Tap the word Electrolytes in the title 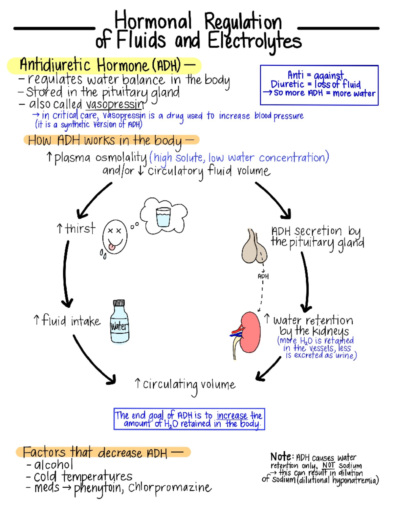[x=254, y=41]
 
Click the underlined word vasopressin [x=115, y=104]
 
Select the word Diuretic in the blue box [x=287, y=84]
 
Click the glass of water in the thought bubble [x=163, y=217]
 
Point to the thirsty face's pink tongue [x=112, y=246]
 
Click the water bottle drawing [x=120, y=323]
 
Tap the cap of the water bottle [x=119, y=303]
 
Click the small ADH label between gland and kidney [x=263, y=277]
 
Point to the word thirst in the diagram [x=80, y=228]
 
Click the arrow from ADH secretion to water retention [x=306, y=282]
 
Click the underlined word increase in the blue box [x=232, y=416]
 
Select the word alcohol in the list [x=54, y=465]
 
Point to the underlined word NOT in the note [x=328, y=465]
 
